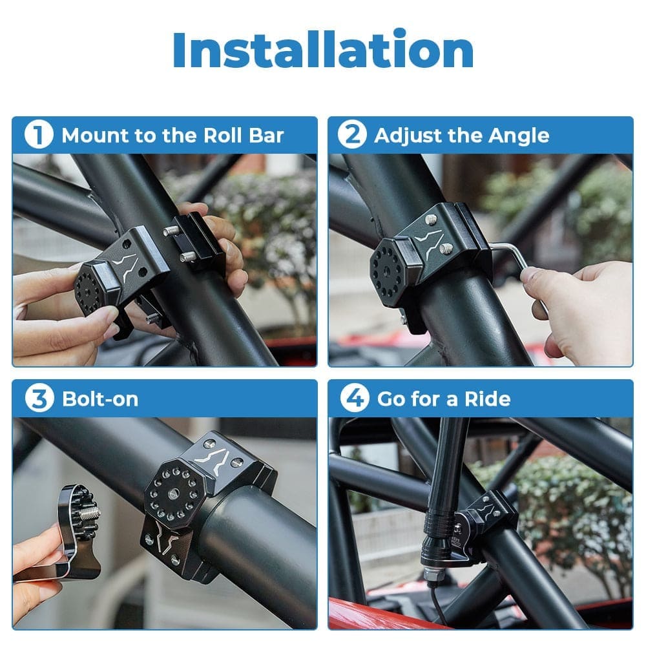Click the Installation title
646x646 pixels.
(323, 50)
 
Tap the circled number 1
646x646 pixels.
(37, 136)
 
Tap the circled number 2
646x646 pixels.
(352, 136)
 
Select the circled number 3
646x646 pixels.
(38, 399)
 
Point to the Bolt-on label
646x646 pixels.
(100, 399)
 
